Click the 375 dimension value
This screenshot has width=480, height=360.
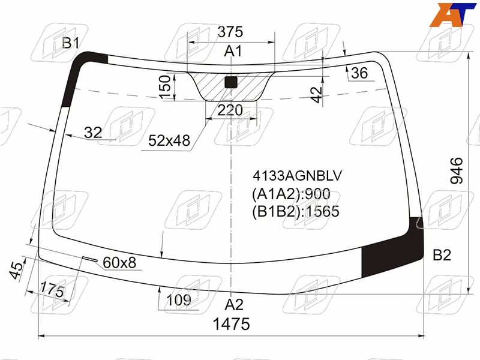230,32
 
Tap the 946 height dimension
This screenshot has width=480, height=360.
457,170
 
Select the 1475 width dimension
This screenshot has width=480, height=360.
232,324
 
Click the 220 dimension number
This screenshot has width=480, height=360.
230,110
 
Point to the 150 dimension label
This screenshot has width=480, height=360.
165,87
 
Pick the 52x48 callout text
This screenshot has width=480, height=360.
169,140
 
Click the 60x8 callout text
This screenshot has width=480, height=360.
119,263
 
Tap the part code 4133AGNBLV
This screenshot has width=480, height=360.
297,175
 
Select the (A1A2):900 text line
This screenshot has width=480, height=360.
291,194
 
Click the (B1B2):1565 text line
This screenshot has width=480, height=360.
296,212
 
